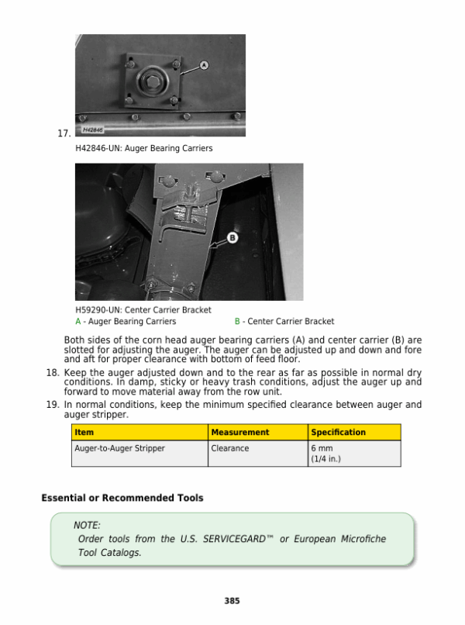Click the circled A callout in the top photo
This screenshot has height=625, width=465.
pos(204,66)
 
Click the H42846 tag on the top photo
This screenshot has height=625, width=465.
pos(94,130)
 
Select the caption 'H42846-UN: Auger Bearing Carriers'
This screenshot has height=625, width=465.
pos(143,147)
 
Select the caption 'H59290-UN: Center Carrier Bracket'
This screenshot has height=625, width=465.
pos(143,310)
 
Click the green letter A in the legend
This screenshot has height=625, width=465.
pos(77,321)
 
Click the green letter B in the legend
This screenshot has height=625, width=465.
pos(237,321)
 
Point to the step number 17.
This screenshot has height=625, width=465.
pos(64,133)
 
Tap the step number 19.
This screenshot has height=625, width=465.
pos(53,405)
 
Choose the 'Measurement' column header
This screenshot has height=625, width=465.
pos(240,433)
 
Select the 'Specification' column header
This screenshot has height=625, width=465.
pos(338,433)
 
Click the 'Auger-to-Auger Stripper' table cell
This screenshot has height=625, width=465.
pos(119,448)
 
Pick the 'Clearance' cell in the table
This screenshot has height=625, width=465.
pos(230,448)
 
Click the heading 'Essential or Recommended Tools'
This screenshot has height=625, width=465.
pos(122,498)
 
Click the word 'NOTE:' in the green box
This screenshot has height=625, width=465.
pos(87,525)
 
